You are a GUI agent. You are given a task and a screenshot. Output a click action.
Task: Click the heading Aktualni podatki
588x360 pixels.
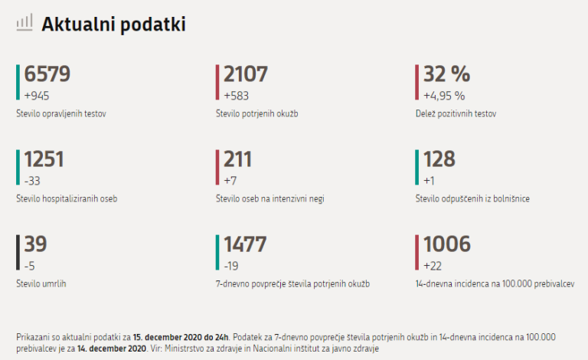[113, 25]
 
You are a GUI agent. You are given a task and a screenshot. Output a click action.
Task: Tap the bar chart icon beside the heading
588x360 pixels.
[24, 23]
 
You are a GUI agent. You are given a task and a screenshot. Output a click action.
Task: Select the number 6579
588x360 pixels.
[47, 74]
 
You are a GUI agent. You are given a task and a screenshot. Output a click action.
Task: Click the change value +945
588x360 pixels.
[37, 96]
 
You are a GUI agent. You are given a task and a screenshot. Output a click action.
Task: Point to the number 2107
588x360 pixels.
[246, 74]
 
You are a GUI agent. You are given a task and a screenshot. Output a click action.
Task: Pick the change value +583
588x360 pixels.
[237, 96]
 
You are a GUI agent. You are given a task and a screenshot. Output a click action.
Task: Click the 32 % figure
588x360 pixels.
[446, 74]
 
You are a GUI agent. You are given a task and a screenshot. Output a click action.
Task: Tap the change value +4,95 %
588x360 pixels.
[444, 96]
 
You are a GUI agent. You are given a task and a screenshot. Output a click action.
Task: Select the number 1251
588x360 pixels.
[44, 159]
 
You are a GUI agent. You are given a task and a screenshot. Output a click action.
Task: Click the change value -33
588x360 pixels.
[33, 181]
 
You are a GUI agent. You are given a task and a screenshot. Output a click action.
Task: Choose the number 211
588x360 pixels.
[237, 159]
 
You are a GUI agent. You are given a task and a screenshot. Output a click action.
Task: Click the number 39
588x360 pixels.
[35, 244]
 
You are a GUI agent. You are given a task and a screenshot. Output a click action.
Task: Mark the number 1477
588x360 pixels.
[245, 244]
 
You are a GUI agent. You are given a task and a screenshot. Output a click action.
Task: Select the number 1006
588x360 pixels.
[446, 244]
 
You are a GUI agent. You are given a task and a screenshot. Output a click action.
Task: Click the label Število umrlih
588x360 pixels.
[41, 284]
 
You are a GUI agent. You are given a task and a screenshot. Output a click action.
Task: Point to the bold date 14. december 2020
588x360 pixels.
[111, 349]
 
